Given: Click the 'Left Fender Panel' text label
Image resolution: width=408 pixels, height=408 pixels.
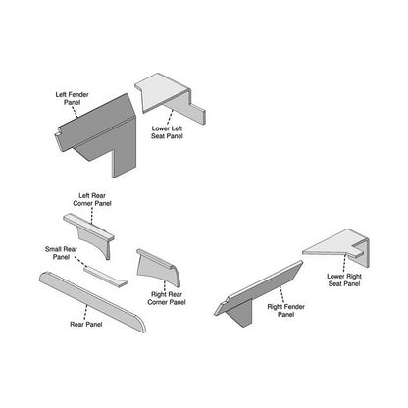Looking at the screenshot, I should click(71, 99).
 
